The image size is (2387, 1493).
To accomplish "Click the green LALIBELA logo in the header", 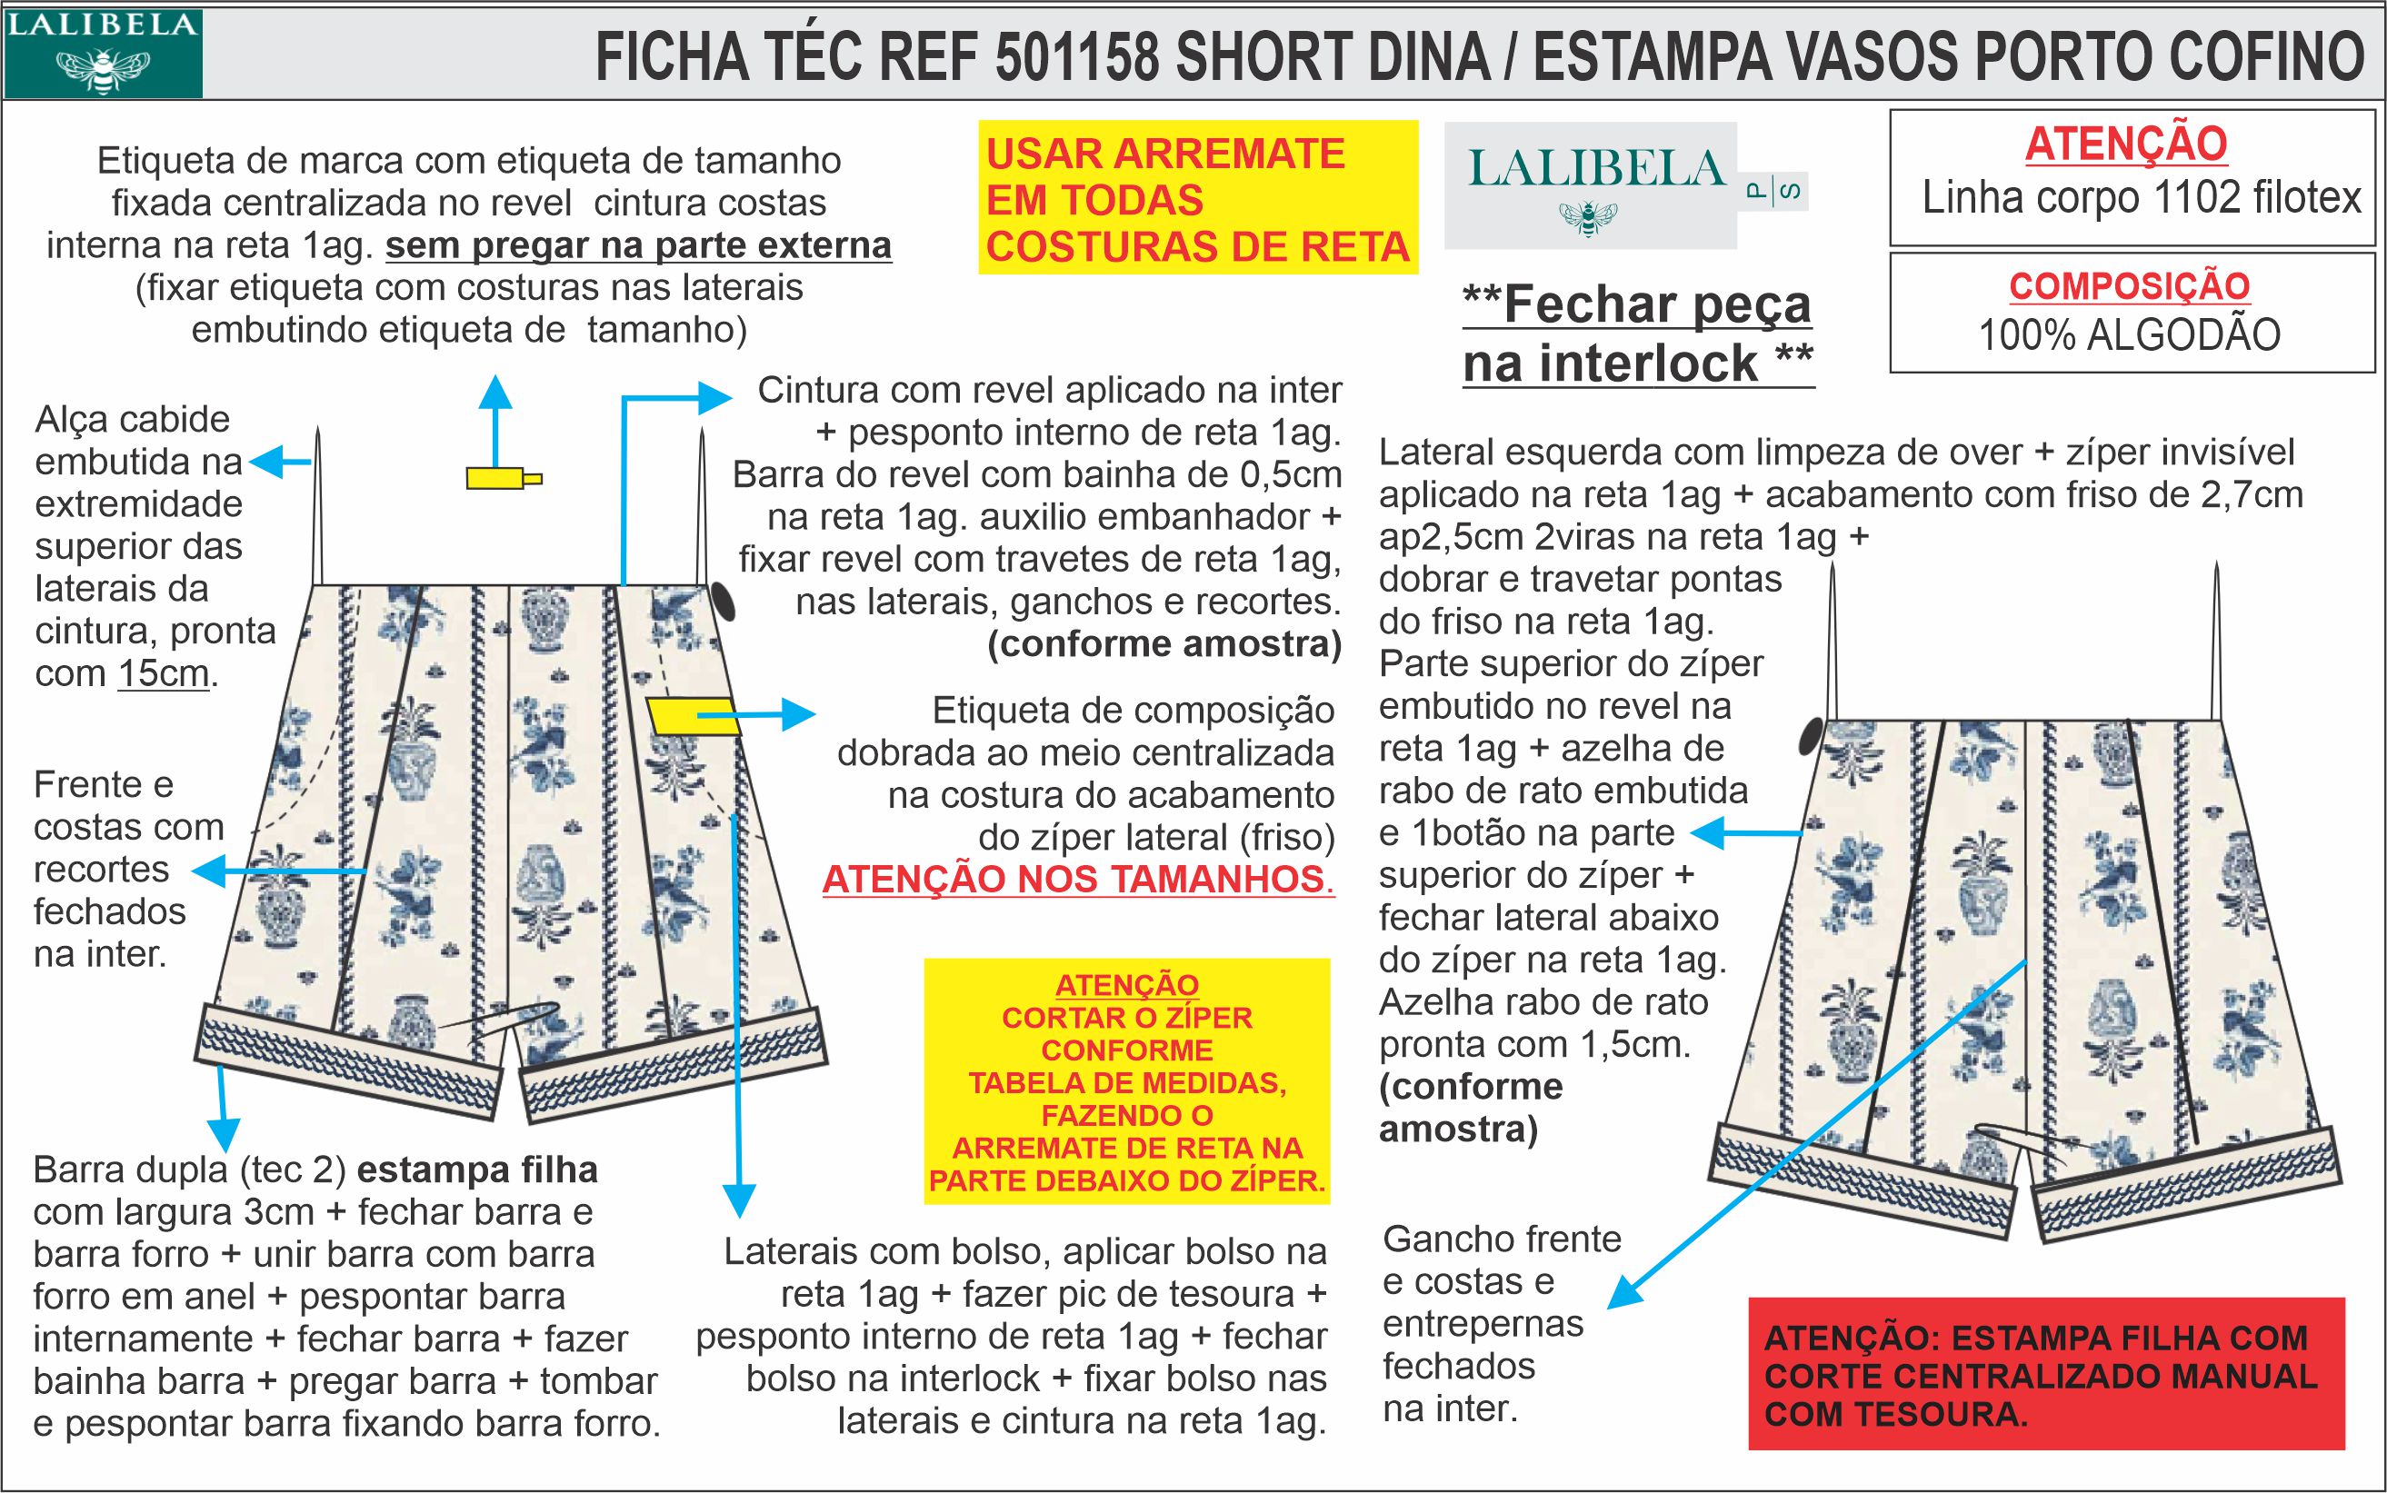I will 103,54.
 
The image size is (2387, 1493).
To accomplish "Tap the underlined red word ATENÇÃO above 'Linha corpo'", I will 2126,144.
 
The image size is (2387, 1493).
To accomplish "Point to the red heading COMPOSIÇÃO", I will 2129,286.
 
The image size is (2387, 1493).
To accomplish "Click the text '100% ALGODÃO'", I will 2129,335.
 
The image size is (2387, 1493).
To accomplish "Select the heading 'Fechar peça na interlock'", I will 1637,333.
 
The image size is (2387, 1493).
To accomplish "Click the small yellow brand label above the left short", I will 501,480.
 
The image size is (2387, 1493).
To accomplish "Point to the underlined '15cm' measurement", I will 163,673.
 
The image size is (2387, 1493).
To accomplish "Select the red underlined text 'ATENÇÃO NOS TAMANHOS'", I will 1076,879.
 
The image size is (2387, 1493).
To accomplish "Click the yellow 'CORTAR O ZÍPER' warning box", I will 1127,1081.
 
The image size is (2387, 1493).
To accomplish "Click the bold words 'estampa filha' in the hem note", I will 476,1170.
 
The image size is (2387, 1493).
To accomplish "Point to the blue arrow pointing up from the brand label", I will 495,414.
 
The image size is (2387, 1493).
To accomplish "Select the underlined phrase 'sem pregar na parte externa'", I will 638,244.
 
